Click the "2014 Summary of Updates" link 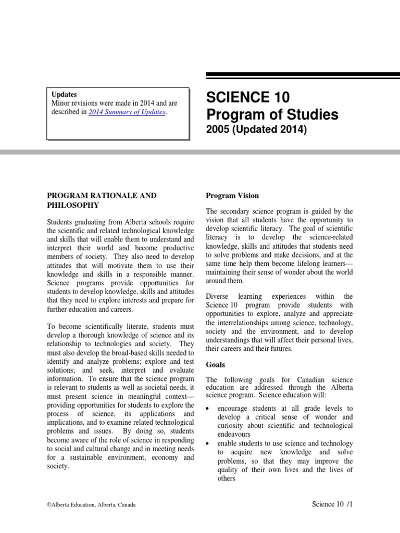click(127, 112)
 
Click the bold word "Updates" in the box click(65, 94)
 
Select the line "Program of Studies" click(272, 114)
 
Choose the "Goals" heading click(216, 365)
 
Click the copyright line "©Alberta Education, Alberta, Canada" click(92, 505)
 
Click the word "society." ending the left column click(58, 466)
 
